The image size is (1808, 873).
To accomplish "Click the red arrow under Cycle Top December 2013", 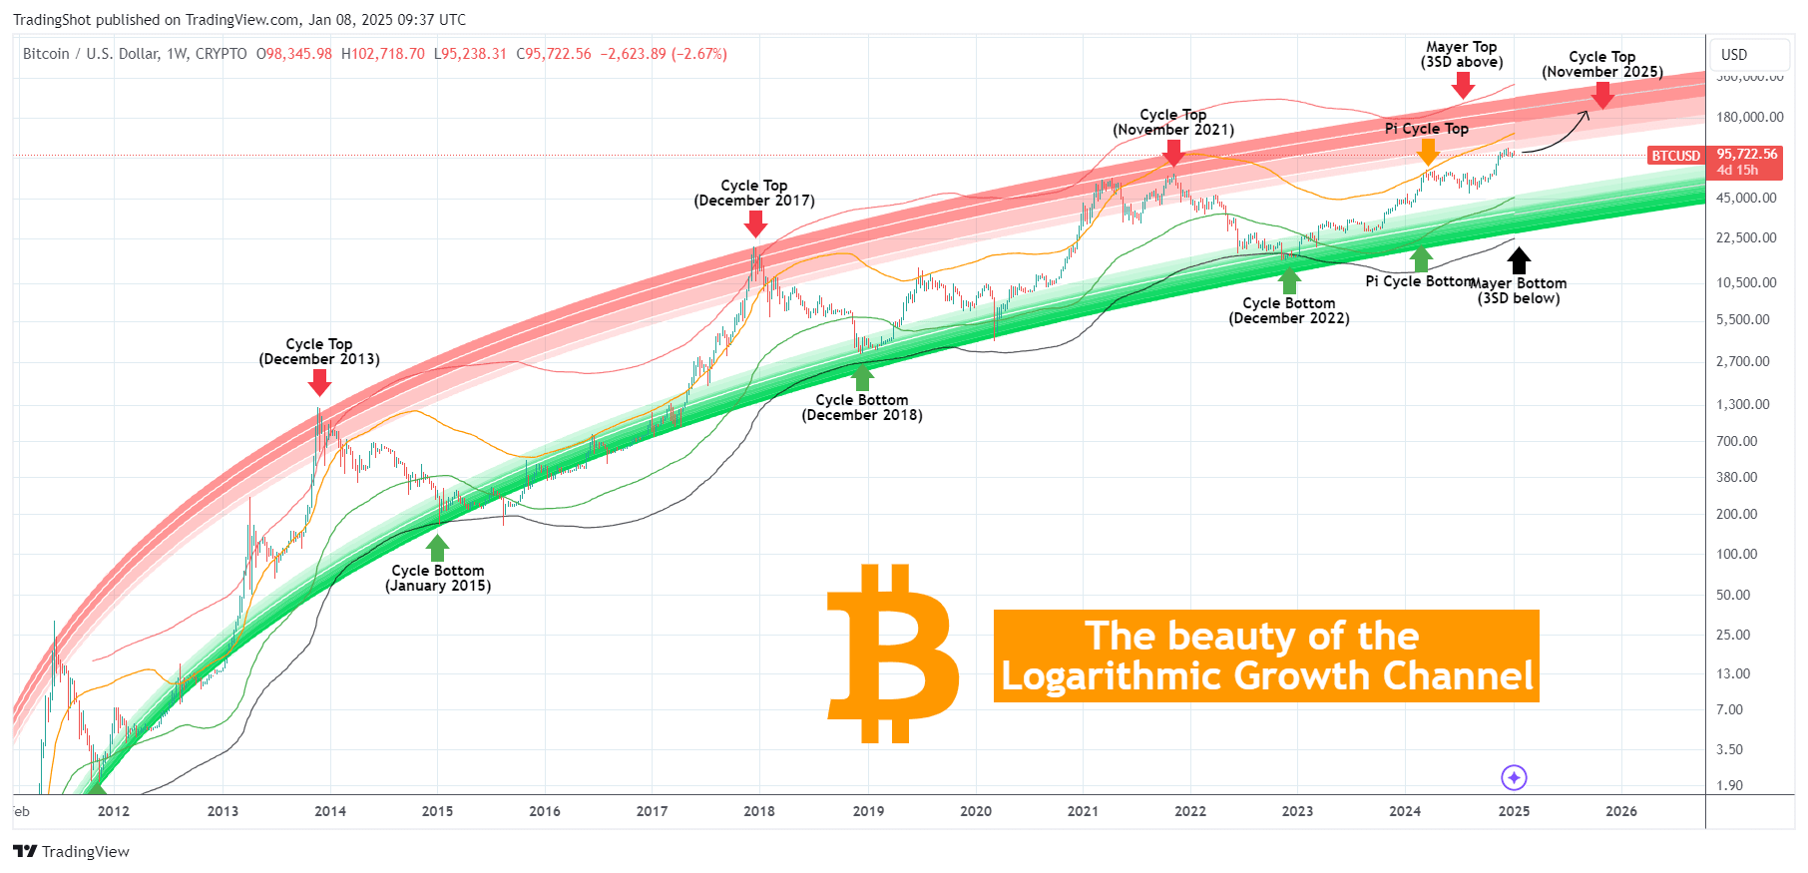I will pyautogui.click(x=319, y=382).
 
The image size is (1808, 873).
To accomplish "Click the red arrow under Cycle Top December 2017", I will pyautogui.click(x=755, y=223).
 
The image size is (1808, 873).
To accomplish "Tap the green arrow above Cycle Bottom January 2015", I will pyautogui.click(x=437, y=548).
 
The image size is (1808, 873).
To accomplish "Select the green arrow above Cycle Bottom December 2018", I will pyautogui.click(x=862, y=377).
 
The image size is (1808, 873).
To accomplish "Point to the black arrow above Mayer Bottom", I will pyautogui.click(x=1519, y=260).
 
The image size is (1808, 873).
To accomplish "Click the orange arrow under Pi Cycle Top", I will pyautogui.click(x=1428, y=152).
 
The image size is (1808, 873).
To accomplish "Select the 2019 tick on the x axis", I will pyautogui.click(x=868, y=811).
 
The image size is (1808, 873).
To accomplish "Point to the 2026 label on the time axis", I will pyautogui.click(x=1621, y=811).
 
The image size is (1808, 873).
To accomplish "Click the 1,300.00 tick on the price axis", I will pyautogui.click(x=1743, y=404).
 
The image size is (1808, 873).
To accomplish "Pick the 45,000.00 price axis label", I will pyautogui.click(x=1746, y=198).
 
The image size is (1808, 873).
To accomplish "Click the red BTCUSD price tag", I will pyautogui.click(x=1675, y=156).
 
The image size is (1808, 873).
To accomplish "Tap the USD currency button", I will pyautogui.click(x=1734, y=55).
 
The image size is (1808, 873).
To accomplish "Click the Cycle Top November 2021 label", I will pyautogui.click(x=1173, y=122).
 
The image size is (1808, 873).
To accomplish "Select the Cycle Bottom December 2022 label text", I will pyautogui.click(x=1289, y=310).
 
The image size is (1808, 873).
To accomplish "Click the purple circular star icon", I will pyautogui.click(x=1514, y=777).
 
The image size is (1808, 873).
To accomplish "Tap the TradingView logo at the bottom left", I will pyautogui.click(x=71, y=851).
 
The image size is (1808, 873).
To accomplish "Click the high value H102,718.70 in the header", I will pyautogui.click(x=383, y=54).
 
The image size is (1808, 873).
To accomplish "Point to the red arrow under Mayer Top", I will pyautogui.click(x=1463, y=86).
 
